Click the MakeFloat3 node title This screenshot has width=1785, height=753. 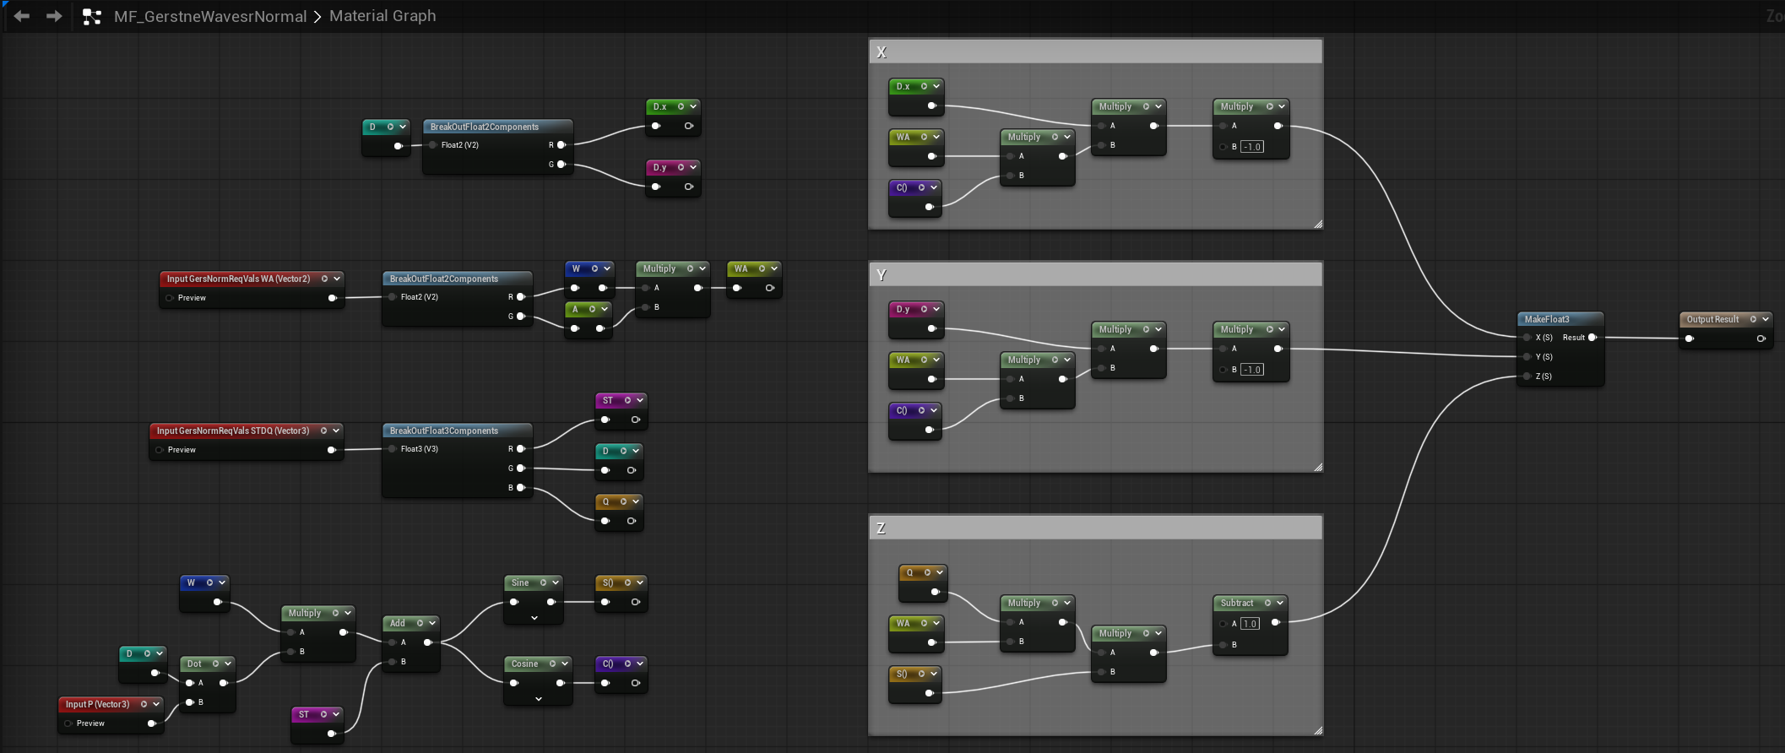pyautogui.click(x=1546, y=319)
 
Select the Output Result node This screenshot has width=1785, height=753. pyautogui.click(x=1725, y=329)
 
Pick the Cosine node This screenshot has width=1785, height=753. pyautogui.click(x=538, y=680)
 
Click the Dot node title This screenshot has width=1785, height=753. pyautogui.click(x=194, y=664)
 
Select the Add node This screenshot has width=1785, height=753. pyautogui.click(x=411, y=643)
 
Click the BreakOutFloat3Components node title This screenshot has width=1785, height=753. pyautogui.click(x=444, y=431)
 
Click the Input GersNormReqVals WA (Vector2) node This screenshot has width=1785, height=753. pyautogui.click(x=252, y=289)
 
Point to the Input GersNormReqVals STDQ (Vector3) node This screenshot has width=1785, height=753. pyautogui.click(x=247, y=441)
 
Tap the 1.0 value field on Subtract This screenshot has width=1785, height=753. pyautogui.click(x=1250, y=624)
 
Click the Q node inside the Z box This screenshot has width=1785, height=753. pyautogui.click(x=922, y=582)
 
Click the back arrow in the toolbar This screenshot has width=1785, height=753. pyautogui.click(x=22, y=16)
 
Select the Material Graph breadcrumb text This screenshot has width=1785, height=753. pyautogui.click(x=382, y=16)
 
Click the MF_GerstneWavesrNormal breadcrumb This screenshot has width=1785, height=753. pyautogui.click(x=210, y=16)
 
